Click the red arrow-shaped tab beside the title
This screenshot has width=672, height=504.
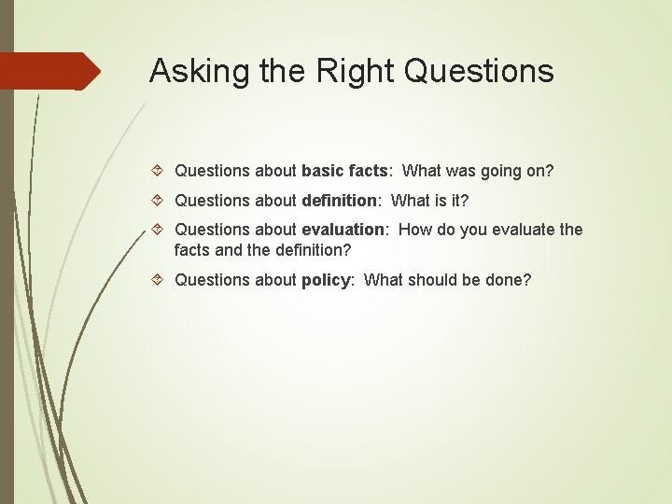(x=50, y=71)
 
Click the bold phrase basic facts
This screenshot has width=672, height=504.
(x=343, y=171)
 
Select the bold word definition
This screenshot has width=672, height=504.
(x=339, y=200)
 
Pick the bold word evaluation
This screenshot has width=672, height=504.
(x=343, y=229)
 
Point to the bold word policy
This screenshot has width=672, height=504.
(x=323, y=279)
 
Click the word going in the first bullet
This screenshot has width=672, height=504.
(x=502, y=171)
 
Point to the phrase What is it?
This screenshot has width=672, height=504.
(x=429, y=200)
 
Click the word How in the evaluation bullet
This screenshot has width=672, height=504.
(x=414, y=229)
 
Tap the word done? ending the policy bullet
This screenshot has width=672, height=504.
(x=509, y=279)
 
